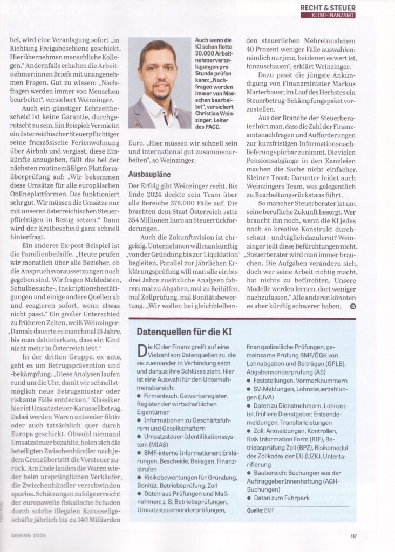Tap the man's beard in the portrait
[x=157, y=92]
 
